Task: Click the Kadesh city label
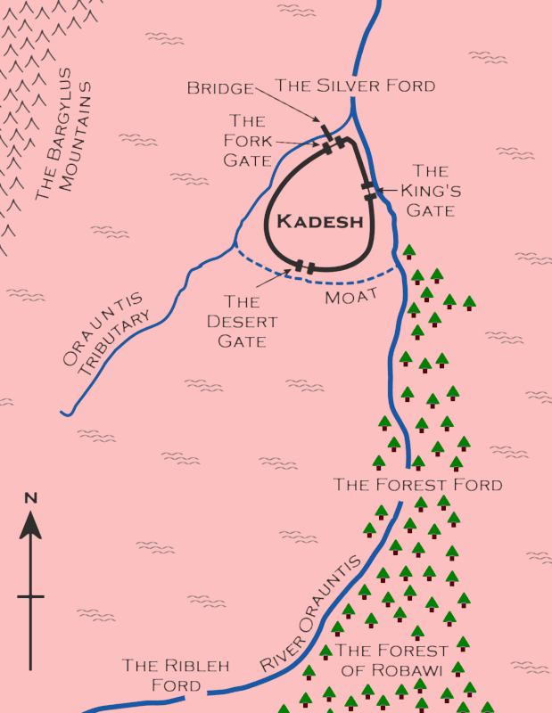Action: coord(319,222)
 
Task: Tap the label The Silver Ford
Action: coord(355,86)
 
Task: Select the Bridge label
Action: coord(220,87)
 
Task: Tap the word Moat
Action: coord(351,295)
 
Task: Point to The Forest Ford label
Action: coord(417,485)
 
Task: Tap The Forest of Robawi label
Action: coord(391,660)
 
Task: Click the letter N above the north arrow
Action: coord(30,498)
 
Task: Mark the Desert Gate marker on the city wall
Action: coord(305,266)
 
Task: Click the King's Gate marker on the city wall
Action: coord(368,191)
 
